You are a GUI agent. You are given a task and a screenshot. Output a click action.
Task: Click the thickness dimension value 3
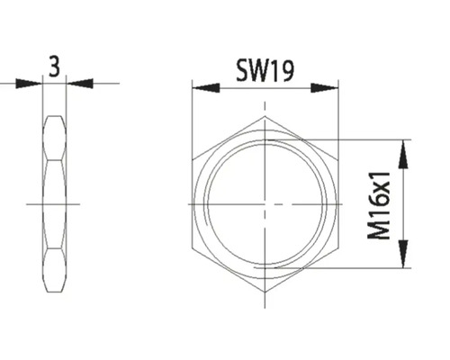tap(55, 67)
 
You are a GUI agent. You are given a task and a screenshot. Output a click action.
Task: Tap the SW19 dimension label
tap(267, 71)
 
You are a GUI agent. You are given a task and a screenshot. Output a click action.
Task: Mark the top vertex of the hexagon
tap(265, 117)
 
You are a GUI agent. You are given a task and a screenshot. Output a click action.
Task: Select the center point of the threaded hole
tap(265, 204)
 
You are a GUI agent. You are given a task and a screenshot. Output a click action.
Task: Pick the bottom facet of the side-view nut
tap(55, 270)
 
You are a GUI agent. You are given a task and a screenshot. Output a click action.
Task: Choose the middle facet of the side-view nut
tap(55, 204)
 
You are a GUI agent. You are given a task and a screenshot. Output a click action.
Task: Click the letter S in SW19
tap(241, 71)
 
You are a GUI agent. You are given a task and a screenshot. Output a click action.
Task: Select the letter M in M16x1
tap(383, 230)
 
